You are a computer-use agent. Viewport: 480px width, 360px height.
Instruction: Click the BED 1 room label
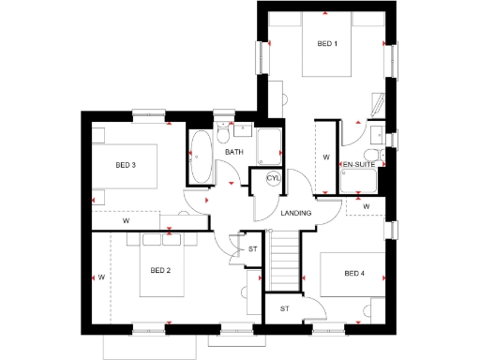tap(326, 43)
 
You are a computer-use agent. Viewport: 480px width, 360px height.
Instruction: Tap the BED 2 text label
tap(160, 271)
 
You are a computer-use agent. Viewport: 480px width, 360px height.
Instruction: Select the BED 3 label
tap(126, 165)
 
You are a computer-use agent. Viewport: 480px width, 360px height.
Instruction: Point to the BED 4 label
tap(353, 274)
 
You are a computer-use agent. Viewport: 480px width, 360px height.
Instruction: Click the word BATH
tap(233, 152)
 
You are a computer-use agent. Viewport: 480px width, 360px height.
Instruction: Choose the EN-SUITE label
tap(358, 165)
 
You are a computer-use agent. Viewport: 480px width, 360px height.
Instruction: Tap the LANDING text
tap(296, 214)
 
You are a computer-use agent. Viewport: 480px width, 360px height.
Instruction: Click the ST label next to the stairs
tap(252, 249)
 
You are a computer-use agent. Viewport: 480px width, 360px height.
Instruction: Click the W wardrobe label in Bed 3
tap(126, 221)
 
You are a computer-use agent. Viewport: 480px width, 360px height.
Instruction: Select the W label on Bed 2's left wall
tap(99, 277)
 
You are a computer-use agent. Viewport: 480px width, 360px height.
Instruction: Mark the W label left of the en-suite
tap(326, 157)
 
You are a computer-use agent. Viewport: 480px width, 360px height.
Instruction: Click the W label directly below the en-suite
tap(367, 205)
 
